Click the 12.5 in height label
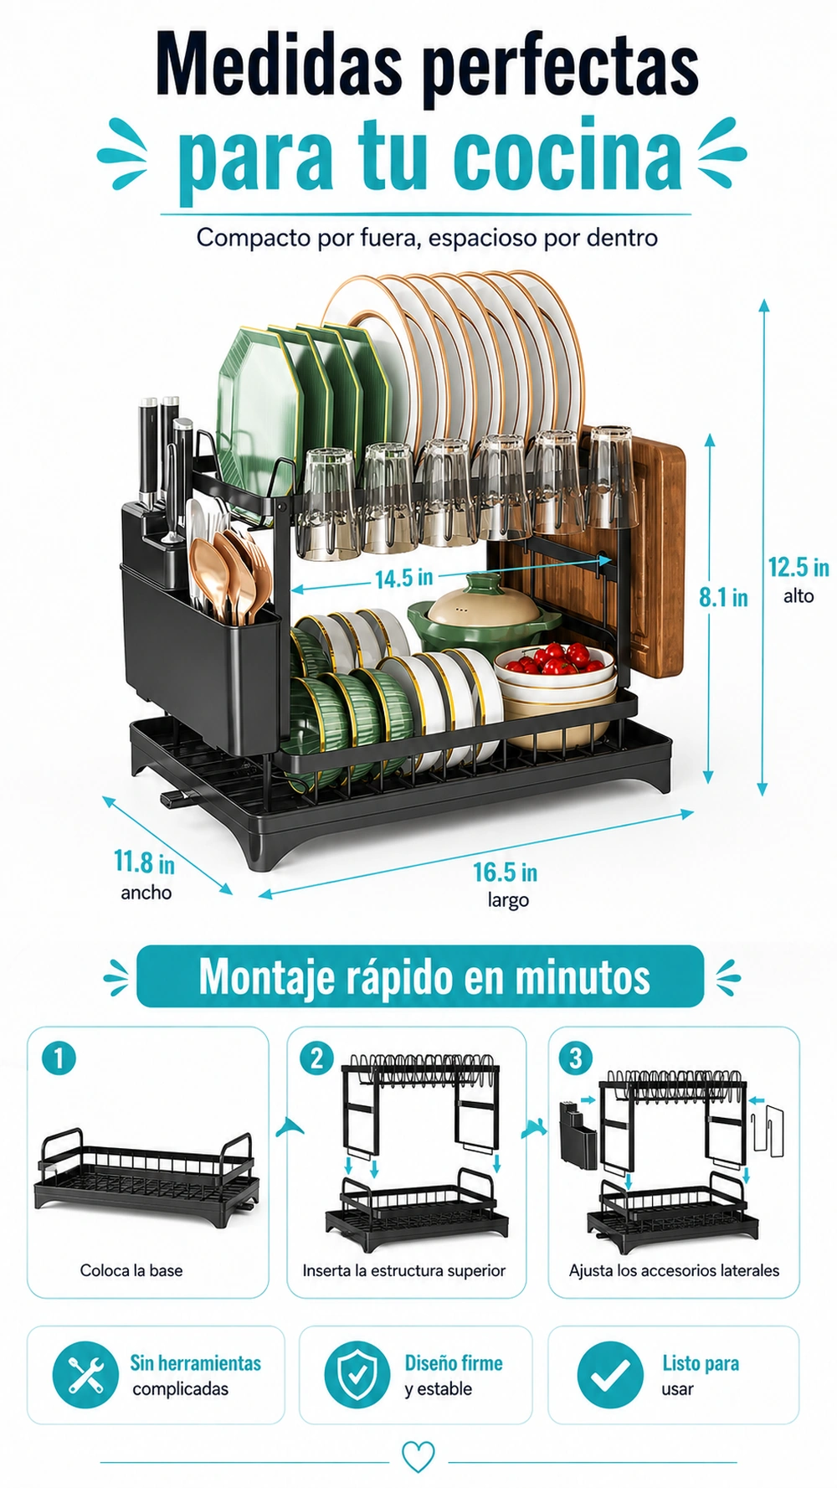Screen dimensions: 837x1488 coord(798,568)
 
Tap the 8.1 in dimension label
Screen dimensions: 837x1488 coord(723,597)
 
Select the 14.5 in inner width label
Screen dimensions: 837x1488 coord(403,578)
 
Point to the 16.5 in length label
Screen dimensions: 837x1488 coord(505,873)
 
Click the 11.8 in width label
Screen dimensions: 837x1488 coord(144,862)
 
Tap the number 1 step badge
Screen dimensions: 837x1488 coord(59,1058)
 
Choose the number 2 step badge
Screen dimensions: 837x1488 coord(316,1058)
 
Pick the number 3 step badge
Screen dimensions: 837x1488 coord(575,1058)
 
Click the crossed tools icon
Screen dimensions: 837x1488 coord(85,1375)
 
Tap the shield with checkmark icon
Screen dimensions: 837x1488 coord(357,1375)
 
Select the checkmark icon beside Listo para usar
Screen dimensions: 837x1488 coord(610,1375)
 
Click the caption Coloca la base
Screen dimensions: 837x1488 coord(131,1270)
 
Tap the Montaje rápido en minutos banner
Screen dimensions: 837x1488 coord(420,976)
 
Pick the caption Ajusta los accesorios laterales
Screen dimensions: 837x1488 coord(674,1270)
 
